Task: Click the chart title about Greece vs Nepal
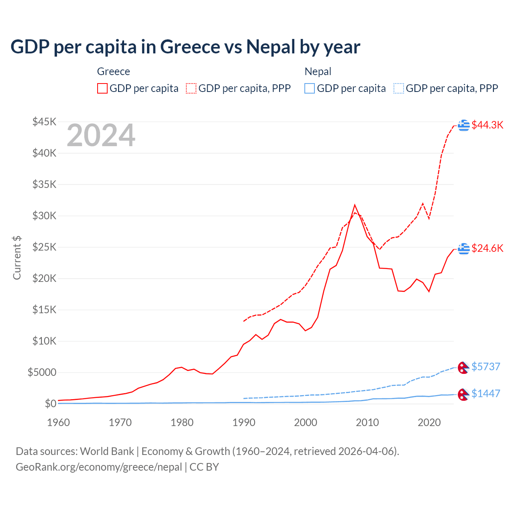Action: tap(185, 47)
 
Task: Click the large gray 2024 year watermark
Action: tap(101, 136)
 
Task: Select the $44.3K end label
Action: tap(487, 125)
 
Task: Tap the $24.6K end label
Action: tap(487, 248)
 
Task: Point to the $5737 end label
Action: tap(485, 367)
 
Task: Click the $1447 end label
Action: tap(485, 394)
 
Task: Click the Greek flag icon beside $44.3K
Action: tap(464, 125)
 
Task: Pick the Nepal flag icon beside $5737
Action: tap(463, 367)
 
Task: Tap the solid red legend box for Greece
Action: tap(102, 88)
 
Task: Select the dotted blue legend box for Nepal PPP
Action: tap(399, 88)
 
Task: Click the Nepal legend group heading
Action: tap(318, 71)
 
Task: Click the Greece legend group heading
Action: tap(113, 71)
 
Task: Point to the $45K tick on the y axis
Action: tap(44, 122)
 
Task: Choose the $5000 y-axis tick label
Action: tap(42, 372)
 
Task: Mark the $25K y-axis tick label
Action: tap(44, 247)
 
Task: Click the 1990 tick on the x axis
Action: tap(244, 422)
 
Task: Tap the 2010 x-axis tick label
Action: tap(367, 422)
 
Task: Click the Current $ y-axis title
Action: tap(17, 258)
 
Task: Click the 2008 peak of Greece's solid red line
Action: tap(355, 205)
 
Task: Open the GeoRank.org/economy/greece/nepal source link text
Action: tap(99, 467)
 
